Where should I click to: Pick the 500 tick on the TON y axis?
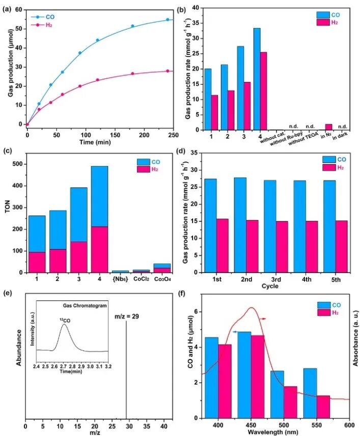[x=17, y=164]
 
